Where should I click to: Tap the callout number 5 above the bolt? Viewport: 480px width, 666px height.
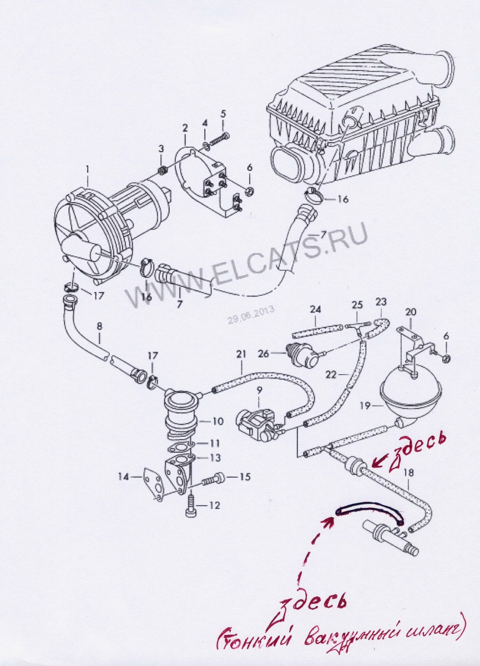tap(223, 114)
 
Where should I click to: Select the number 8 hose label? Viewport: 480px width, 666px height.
tap(99, 326)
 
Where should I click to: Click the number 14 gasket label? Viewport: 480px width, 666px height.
tap(123, 476)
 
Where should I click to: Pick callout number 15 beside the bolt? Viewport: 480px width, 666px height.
tap(245, 476)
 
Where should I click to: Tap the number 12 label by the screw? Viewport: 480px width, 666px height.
tap(215, 505)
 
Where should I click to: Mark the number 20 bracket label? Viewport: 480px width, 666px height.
tap(410, 311)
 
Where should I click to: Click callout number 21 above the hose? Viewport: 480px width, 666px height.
tap(240, 353)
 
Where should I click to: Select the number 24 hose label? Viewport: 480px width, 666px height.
tap(315, 309)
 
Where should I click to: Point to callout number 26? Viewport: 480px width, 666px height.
tap(264, 352)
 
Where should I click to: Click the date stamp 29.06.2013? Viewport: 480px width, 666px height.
tap(250, 315)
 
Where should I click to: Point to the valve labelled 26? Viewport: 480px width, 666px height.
tap(299, 354)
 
